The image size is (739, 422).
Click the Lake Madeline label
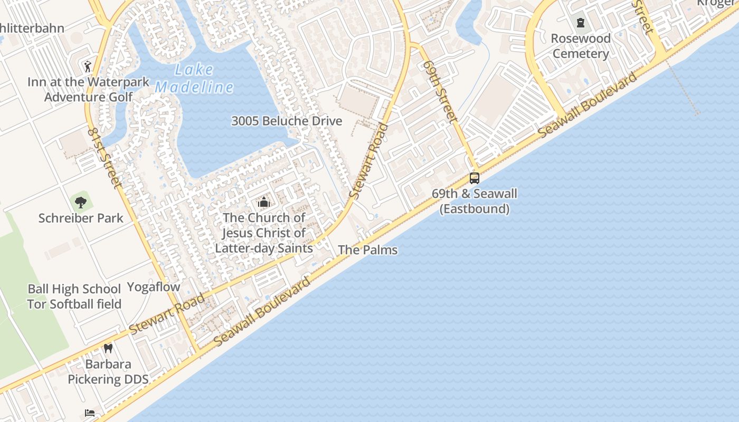194,78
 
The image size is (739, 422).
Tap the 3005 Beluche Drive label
287,121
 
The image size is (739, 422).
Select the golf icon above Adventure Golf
88,66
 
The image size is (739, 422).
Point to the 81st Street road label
105,157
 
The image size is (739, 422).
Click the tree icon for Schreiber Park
81,202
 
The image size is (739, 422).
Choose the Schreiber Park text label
81,218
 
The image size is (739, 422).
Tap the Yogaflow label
154,287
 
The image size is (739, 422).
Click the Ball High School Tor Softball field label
74,296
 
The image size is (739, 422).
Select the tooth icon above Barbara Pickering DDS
108,348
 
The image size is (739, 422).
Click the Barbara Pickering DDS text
108,371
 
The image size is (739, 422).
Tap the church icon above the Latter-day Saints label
263,202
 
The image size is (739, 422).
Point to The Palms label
367,250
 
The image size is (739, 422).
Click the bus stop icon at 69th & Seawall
474,178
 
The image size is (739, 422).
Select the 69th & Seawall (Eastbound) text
474,201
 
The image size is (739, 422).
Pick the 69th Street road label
440,91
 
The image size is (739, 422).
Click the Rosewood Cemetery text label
581,46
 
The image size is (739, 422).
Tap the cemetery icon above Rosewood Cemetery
581,22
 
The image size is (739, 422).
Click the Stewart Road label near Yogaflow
167,314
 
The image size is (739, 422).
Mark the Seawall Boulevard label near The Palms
262,312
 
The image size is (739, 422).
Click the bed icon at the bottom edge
90,413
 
